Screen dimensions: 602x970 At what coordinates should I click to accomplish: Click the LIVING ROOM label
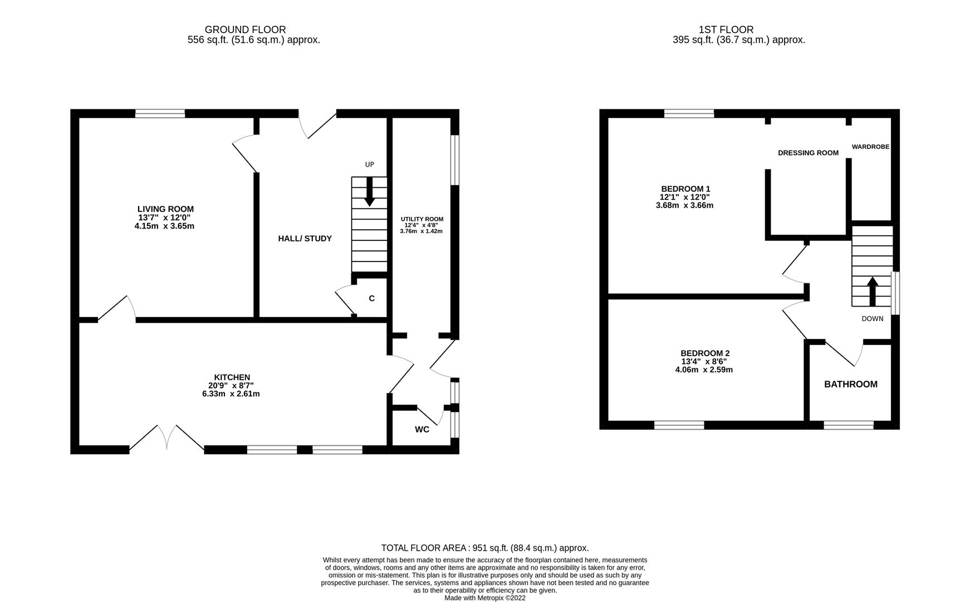tap(165, 209)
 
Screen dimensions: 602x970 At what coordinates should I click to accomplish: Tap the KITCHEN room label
tap(232, 377)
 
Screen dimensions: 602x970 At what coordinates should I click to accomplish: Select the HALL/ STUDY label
tap(305, 239)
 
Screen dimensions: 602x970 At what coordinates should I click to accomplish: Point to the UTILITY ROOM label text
tap(422, 219)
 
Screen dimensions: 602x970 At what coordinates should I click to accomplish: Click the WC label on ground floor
tap(422, 430)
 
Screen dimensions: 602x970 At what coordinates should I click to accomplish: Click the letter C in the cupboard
tap(371, 299)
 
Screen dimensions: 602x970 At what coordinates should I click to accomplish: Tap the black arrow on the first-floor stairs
tap(872, 290)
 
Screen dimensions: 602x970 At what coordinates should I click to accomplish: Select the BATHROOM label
tap(850, 384)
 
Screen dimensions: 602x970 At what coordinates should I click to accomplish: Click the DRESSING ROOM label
tap(808, 153)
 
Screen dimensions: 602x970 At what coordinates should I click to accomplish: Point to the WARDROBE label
tap(870, 147)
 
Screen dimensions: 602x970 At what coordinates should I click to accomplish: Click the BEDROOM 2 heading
tap(704, 353)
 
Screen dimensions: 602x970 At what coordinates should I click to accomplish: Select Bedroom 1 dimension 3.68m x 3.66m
tap(684, 205)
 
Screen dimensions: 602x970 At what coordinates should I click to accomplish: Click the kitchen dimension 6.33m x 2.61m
tap(231, 394)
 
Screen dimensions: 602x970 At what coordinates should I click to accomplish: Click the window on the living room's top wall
tap(160, 114)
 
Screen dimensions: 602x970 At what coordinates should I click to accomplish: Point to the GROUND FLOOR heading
tap(245, 30)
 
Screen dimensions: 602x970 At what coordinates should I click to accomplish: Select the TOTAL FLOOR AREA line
tap(484, 548)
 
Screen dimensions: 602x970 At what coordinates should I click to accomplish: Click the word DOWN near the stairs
tap(872, 319)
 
